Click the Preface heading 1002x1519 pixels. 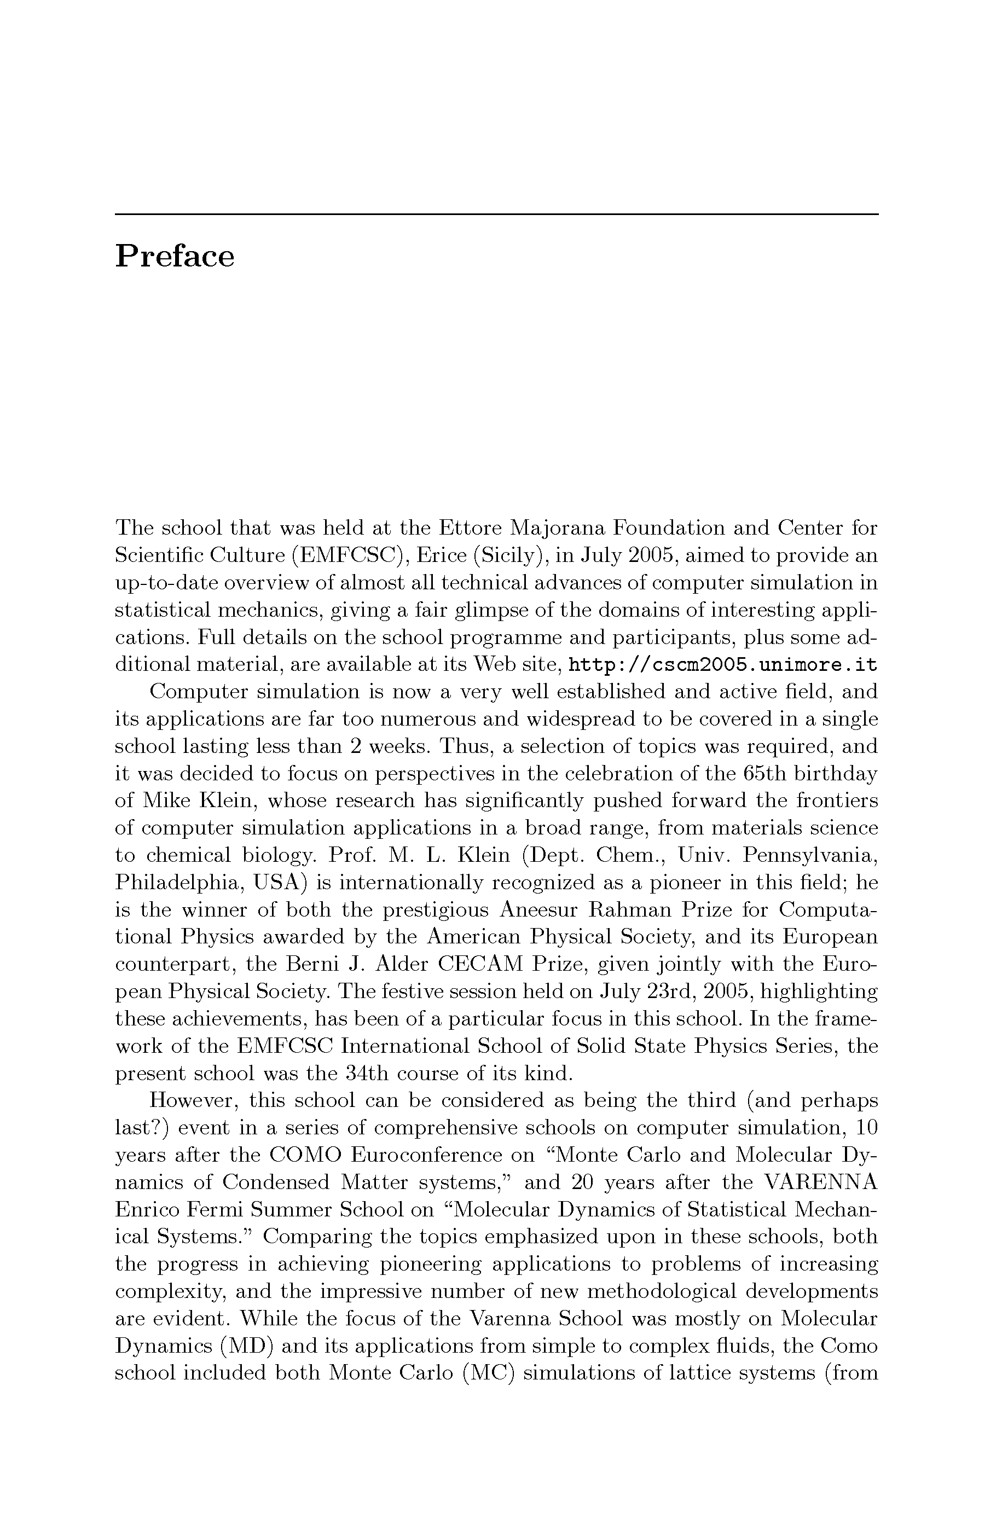coord(175,257)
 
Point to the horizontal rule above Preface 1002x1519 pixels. coord(496,214)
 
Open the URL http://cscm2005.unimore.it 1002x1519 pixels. coord(722,665)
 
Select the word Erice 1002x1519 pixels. coord(441,556)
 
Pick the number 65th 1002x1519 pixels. coord(765,774)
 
